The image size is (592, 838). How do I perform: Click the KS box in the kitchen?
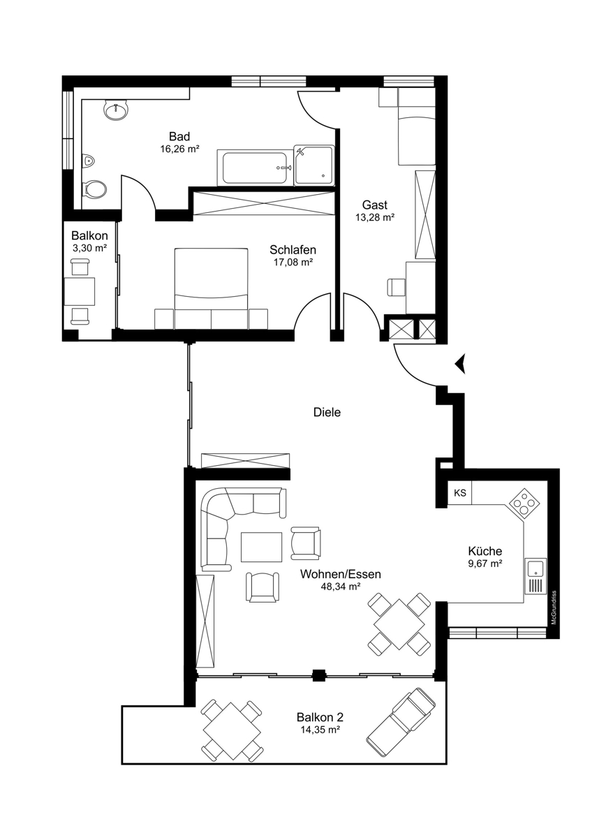[x=459, y=493]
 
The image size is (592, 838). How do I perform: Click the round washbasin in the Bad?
[x=116, y=110]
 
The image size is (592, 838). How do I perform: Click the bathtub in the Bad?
[x=255, y=168]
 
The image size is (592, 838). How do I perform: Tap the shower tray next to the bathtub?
[x=313, y=166]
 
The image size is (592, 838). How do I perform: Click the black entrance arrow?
[x=460, y=363]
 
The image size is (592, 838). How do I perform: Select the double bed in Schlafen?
[x=212, y=288]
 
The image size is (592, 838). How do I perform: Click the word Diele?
[x=327, y=412]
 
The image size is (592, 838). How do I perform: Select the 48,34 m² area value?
[x=340, y=587]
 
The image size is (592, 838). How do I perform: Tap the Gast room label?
[x=375, y=205]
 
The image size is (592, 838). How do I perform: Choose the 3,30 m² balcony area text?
[x=90, y=248]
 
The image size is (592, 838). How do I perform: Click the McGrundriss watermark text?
[x=554, y=613]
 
